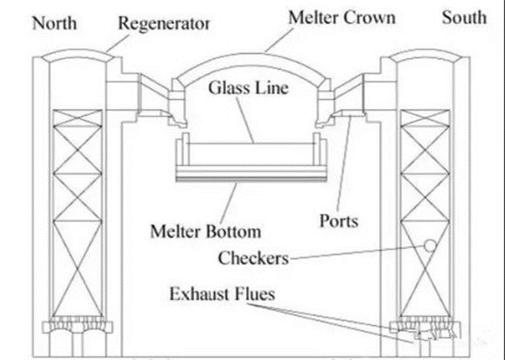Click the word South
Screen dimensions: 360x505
coord(463,17)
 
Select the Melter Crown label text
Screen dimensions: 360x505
coord(341,17)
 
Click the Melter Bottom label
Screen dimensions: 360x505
coord(206,230)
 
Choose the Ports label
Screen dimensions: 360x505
coord(338,221)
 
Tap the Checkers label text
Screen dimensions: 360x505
coord(254,259)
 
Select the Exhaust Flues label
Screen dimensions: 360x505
coord(223,295)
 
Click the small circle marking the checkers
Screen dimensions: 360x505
coord(430,245)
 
